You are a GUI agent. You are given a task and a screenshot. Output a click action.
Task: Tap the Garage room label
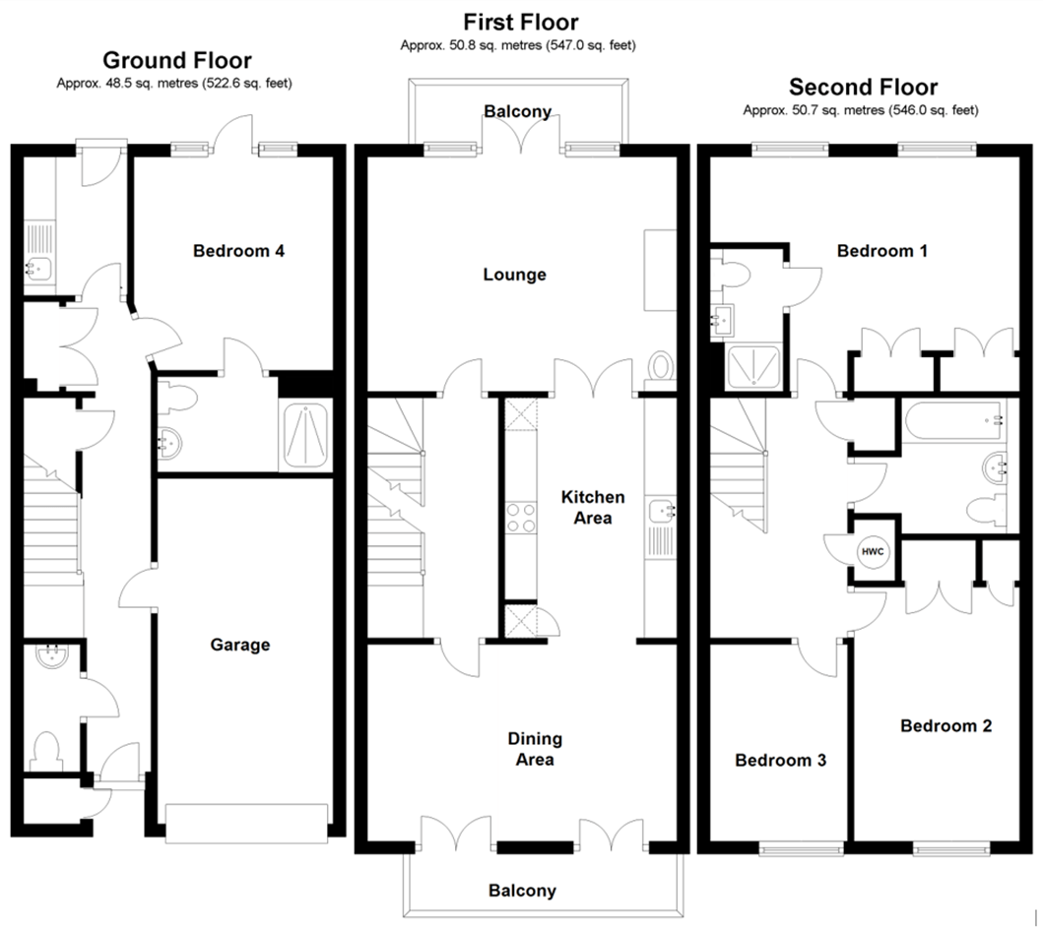click(x=239, y=646)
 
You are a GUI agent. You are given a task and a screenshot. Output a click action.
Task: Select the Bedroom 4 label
click(x=239, y=251)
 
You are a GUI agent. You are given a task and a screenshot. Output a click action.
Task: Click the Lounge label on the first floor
click(x=514, y=275)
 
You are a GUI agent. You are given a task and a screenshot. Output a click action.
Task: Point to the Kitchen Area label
click(x=592, y=508)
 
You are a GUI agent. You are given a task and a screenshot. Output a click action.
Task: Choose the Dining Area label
click(x=535, y=749)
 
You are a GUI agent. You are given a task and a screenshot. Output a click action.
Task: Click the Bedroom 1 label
click(x=881, y=251)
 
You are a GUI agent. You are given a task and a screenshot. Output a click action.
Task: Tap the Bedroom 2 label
click(x=945, y=726)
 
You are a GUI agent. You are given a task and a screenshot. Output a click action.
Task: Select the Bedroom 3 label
click(x=780, y=761)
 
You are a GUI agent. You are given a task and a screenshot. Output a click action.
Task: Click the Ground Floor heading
click(x=176, y=61)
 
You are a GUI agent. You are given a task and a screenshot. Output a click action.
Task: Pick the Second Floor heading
click(x=863, y=88)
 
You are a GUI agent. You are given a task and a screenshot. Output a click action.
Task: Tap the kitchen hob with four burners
click(x=520, y=517)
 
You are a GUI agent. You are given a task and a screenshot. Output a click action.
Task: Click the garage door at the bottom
click(x=246, y=823)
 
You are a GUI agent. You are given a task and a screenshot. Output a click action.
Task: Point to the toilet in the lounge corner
click(x=662, y=367)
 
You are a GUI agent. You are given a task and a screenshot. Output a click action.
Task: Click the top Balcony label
click(x=517, y=111)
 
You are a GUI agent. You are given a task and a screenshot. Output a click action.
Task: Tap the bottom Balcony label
click(x=522, y=891)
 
